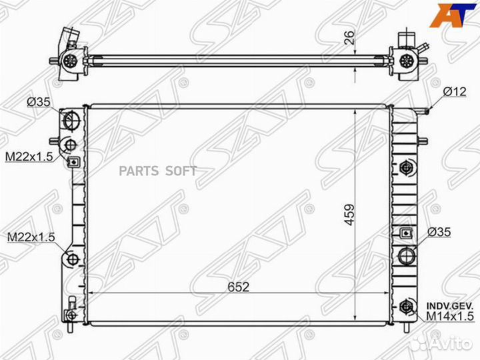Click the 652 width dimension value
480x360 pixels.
click(239, 287)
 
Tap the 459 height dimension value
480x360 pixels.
click(349, 215)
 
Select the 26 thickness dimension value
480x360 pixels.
click(349, 37)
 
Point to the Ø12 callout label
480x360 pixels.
click(455, 91)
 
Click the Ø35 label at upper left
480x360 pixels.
click(38, 102)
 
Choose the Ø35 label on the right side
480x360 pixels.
click(439, 233)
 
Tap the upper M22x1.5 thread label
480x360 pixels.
click(29, 157)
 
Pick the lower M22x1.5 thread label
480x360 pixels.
click(31, 237)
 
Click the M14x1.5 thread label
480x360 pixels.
click(450, 316)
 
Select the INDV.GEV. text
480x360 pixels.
click(450, 306)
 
